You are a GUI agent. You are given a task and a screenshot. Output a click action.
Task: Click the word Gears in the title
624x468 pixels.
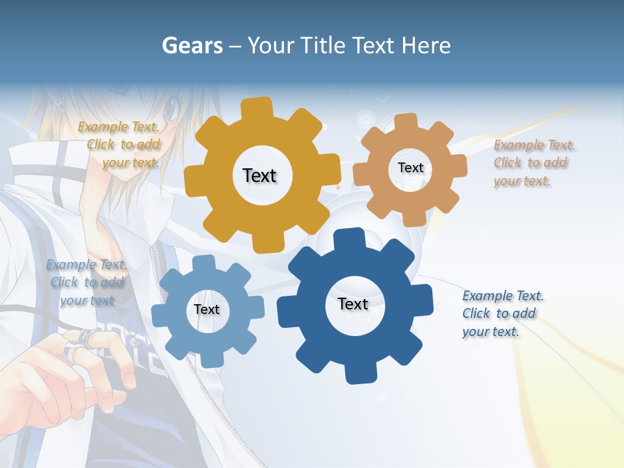click(192, 45)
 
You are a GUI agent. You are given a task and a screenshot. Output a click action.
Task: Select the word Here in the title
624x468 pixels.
click(426, 45)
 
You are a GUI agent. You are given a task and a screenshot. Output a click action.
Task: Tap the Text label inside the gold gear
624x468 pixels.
click(259, 175)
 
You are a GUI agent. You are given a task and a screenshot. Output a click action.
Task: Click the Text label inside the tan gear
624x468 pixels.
click(410, 168)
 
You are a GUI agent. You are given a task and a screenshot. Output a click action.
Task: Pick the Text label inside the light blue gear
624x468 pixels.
click(207, 309)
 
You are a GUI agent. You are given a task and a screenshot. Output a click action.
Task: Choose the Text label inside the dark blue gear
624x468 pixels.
click(353, 304)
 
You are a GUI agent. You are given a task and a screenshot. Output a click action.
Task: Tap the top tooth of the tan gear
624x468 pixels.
click(406, 122)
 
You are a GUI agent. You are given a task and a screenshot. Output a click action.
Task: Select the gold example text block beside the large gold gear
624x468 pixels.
click(119, 144)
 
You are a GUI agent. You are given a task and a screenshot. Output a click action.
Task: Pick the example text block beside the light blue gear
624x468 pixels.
click(86, 282)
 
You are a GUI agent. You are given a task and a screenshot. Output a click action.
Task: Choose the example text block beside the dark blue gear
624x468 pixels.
click(502, 313)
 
